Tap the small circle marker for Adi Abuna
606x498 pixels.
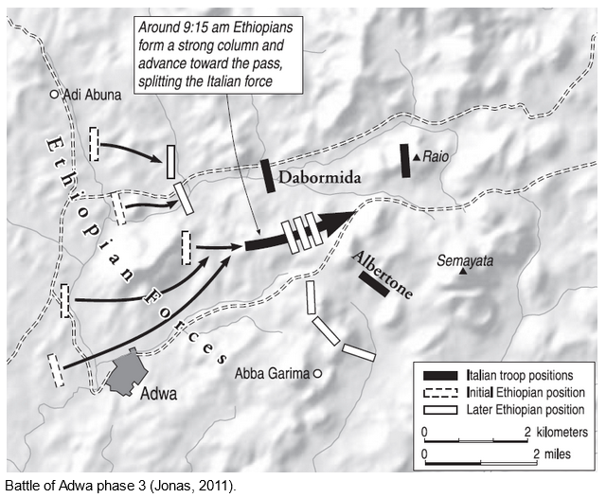(55, 95)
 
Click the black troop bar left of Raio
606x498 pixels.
(404, 160)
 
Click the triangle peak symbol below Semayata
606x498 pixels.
(463, 273)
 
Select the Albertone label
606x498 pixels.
(383, 276)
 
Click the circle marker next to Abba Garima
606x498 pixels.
(318, 373)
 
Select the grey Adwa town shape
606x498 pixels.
(124, 371)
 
